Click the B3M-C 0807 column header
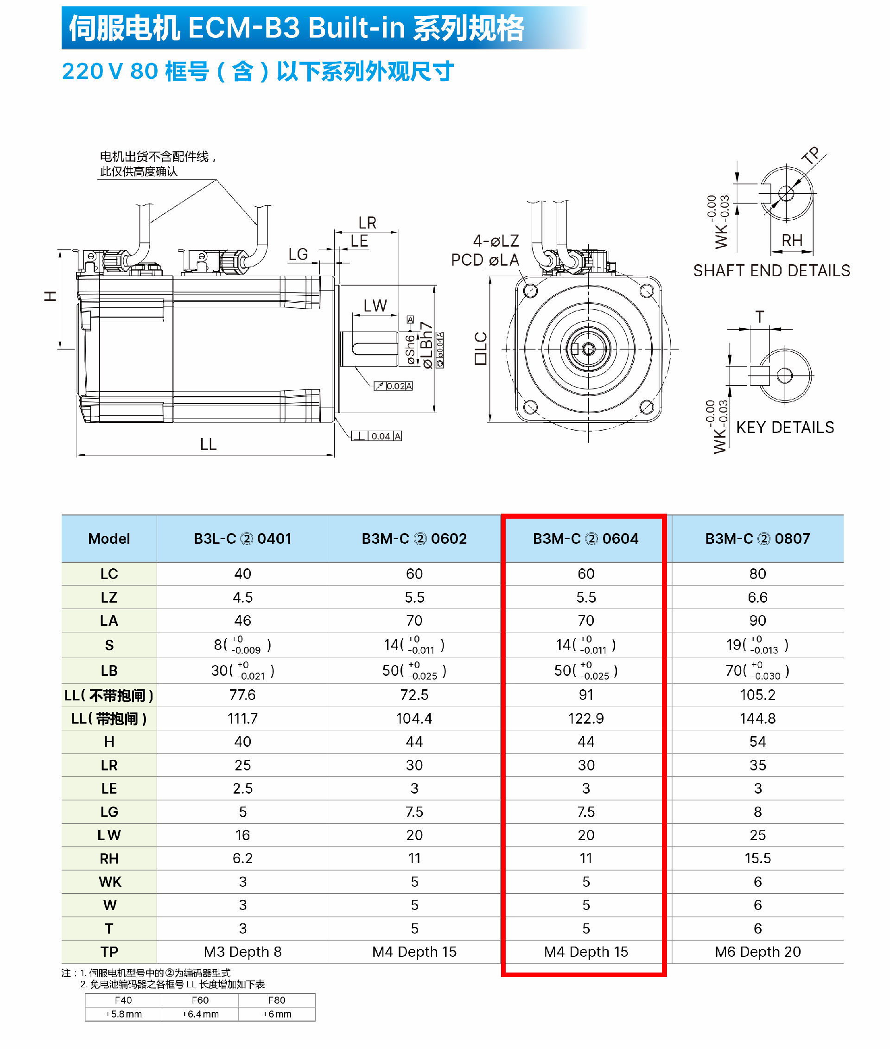click(x=757, y=538)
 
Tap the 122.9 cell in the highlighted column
click(x=585, y=718)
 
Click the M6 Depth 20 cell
click(x=757, y=952)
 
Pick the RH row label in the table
click(x=109, y=858)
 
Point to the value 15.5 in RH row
click(x=757, y=858)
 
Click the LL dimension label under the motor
click(x=208, y=445)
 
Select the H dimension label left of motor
click(x=50, y=296)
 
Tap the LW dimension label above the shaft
click(x=375, y=306)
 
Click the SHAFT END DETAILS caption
click(x=771, y=271)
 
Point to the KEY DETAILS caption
click(x=785, y=427)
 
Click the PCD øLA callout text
click(x=485, y=260)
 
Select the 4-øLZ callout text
click(x=496, y=241)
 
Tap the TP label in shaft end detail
click(x=811, y=155)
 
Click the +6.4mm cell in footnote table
click(x=200, y=1014)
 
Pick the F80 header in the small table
click(x=276, y=1000)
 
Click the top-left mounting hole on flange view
click(x=530, y=291)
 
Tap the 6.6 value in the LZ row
click(x=757, y=598)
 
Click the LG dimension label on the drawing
click(x=298, y=254)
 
